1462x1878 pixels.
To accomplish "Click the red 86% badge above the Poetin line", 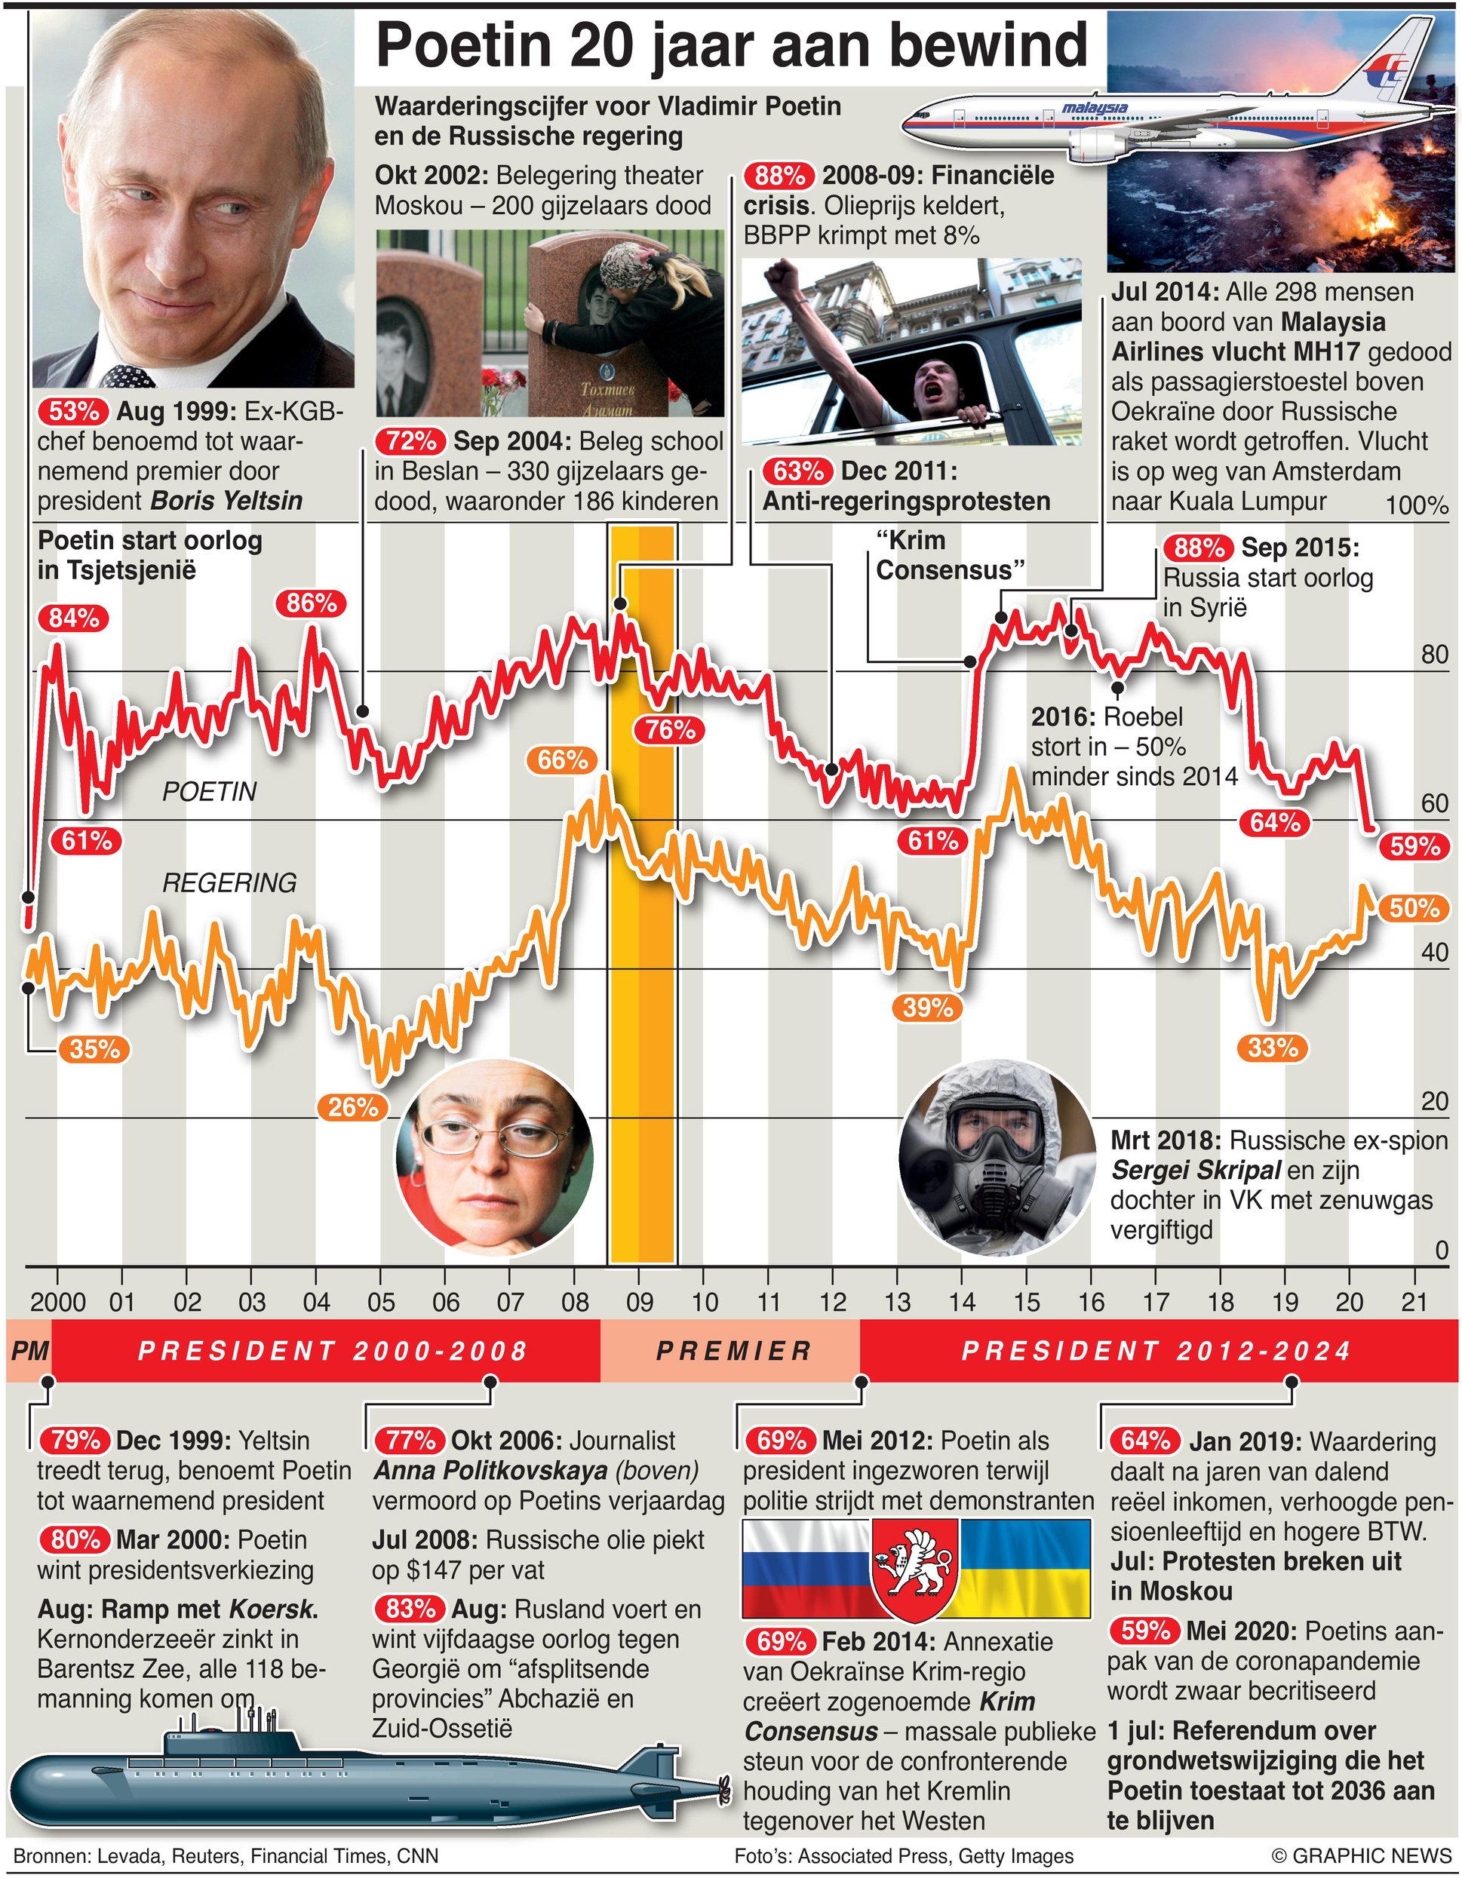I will coord(311,603).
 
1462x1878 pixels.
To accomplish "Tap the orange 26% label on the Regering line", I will coord(352,1106).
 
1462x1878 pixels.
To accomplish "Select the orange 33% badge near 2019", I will coord(1273,1048).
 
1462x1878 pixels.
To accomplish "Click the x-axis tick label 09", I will coord(639,1303).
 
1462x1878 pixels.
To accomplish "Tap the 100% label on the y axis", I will coord(1417,505).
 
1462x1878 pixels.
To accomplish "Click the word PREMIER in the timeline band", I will coord(733,1352).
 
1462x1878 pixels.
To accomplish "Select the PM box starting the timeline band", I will coord(29,1352).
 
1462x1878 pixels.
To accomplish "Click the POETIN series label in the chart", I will coord(209,792).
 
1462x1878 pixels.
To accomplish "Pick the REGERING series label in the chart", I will coord(229,883).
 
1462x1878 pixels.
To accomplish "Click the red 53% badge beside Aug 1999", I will coord(73,411).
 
